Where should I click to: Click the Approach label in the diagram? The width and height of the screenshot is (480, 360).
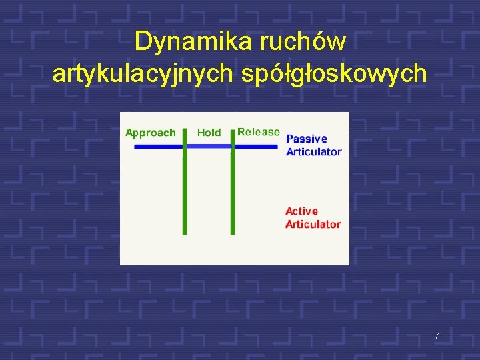tap(151, 133)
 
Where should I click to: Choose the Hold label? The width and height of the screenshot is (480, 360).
tap(209, 133)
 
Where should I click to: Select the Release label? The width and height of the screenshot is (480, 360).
tap(259, 132)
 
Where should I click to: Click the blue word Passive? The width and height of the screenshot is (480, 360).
tap(307, 139)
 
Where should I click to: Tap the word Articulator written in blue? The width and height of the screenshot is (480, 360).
tap(313, 151)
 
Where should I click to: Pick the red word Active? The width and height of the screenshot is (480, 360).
tap(302, 211)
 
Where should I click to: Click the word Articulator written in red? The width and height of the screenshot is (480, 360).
tap(313, 224)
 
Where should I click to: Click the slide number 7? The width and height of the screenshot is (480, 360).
tap(437, 337)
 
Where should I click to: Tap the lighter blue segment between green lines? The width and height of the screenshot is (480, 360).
tap(209, 146)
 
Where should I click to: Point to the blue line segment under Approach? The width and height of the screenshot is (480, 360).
tap(157, 146)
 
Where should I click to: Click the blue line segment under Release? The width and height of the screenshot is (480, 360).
tap(256, 146)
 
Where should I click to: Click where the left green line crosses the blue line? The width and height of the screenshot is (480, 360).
tap(185, 146)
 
